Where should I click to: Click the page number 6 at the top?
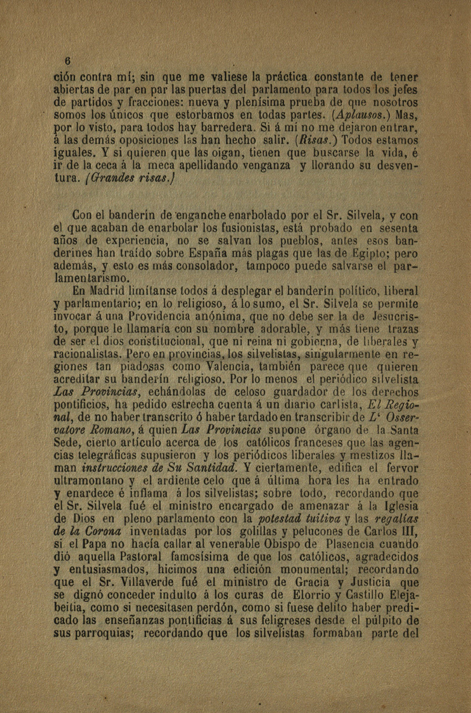pos(68,60)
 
